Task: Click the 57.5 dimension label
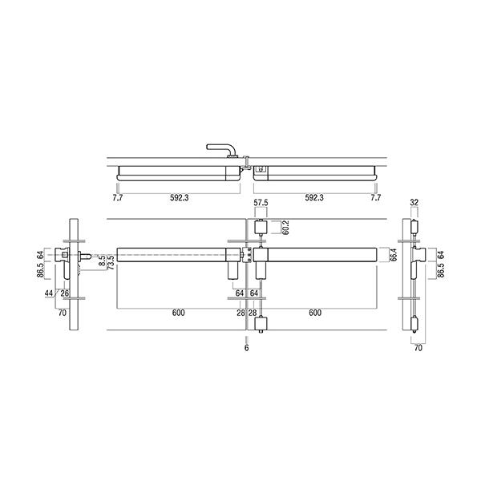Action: (x=261, y=203)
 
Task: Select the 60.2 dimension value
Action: (x=285, y=228)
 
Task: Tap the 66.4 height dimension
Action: (x=394, y=255)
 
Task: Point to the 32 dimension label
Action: (x=414, y=203)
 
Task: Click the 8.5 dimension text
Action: (x=103, y=260)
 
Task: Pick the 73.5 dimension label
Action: (x=111, y=261)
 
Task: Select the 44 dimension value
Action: (x=49, y=293)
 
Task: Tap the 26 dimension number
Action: (x=65, y=293)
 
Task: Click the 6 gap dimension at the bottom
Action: (x=247, y=348)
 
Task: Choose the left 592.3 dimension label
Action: (x=180, y=198)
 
